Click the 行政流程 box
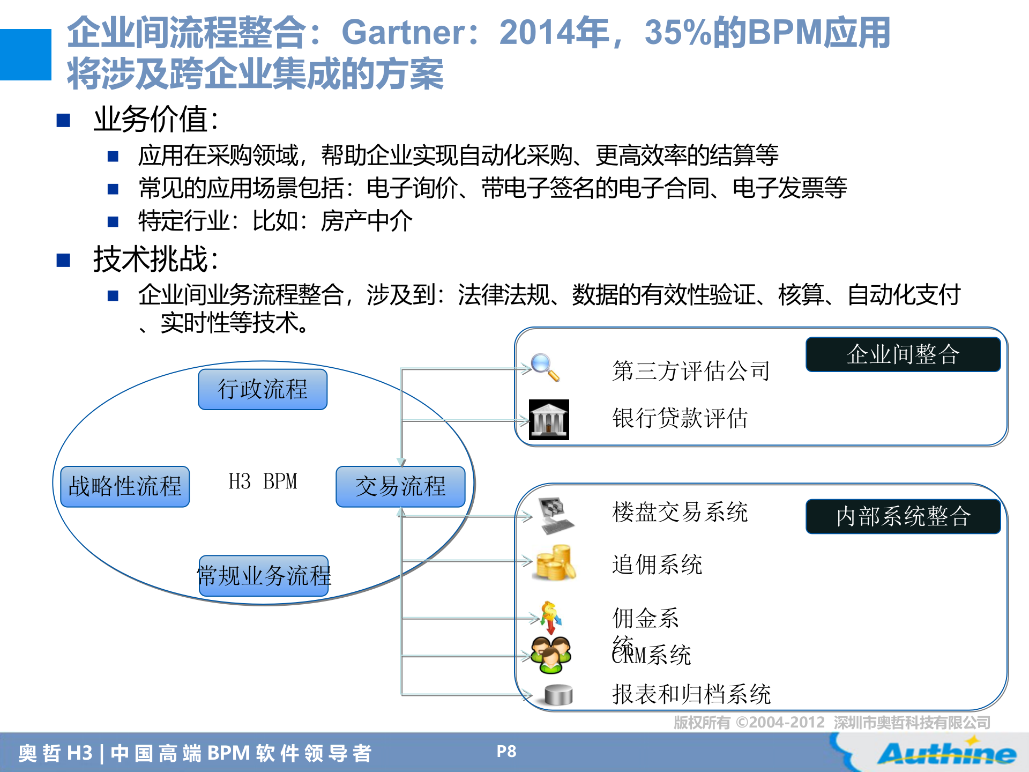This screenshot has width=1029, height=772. coord(263,389)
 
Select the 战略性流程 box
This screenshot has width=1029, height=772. coord(125,486)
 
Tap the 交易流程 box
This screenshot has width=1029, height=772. coord(400,486)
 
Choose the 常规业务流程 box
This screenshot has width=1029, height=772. coord(264,576)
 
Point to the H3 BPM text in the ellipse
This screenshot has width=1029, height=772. coord(263,481)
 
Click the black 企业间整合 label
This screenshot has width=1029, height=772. coord(903,354)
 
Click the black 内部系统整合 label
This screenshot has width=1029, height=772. coord(903,516)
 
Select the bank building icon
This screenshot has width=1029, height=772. coord(549,420)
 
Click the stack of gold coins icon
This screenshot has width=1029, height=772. coord(555,563)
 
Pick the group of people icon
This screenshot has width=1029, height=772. coord(551,655)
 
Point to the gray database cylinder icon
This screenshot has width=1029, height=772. coord(558,695)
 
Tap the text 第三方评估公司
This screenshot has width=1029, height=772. coord(691,371)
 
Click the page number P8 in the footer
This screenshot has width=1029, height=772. coord(506,752)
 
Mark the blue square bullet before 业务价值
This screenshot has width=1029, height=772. coord(64,120)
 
